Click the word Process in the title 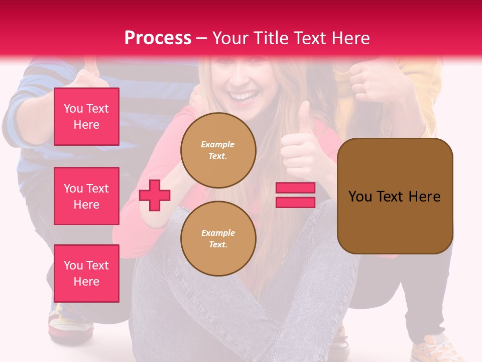(158, 38)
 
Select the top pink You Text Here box (86, 117)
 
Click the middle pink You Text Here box (86, 196)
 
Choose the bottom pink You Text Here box (86, 273)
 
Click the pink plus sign (155, 196)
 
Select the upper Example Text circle (218, 150)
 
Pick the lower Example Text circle (218, 239)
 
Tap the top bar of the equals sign (295, 188)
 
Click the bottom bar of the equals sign (295, 203)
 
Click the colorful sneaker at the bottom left (70, 322)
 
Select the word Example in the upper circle (217, 144)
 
